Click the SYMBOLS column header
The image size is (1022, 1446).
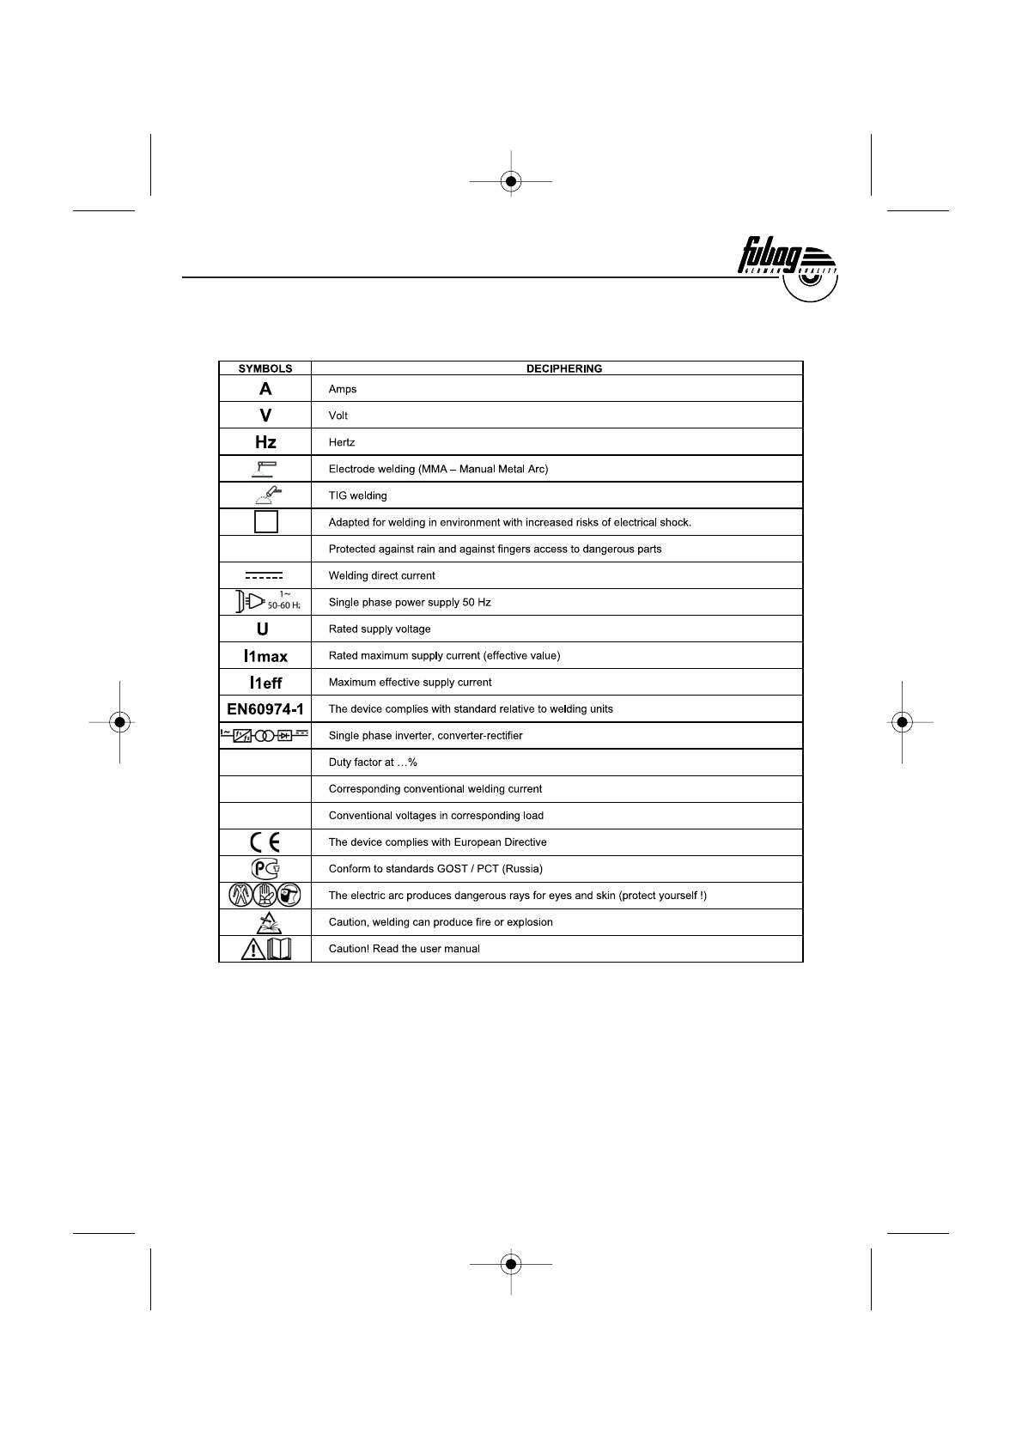point(265,368)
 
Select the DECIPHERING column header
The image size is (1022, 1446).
point(563,368)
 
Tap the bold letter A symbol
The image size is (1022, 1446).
point(265,389)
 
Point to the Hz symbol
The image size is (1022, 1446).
point(265,442)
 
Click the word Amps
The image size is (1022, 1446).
point(343,389)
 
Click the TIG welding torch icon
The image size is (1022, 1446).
point(265,495)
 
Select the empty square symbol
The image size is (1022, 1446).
point(266,522)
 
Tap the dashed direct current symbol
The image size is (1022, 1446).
point(264,575)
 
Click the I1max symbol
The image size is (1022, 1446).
point(265,656)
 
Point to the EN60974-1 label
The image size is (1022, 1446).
point(265,709)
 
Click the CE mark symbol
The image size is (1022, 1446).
point(265,842)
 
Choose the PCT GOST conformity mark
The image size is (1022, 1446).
point(265,869)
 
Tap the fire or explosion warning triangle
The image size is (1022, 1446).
point(265,921)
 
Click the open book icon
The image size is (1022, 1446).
point(280,949)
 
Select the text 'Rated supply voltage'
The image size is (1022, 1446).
point(380,629)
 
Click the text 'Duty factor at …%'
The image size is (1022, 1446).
point(373,762)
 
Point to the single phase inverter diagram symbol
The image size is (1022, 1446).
point(264,735)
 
